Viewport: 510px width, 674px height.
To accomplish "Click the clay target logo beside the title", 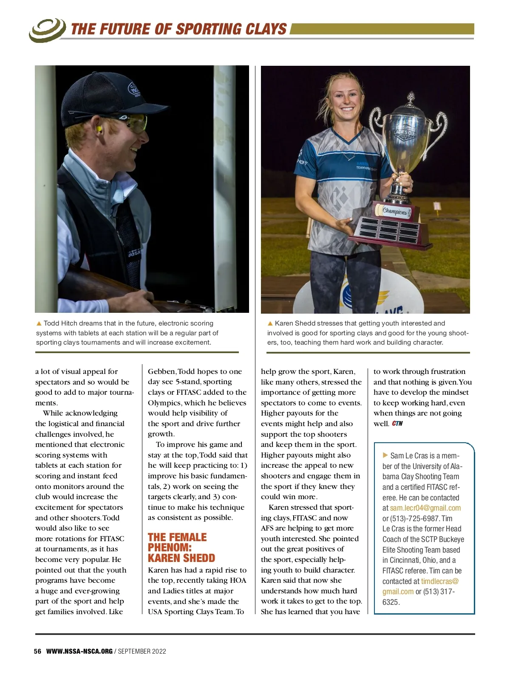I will (47, 30).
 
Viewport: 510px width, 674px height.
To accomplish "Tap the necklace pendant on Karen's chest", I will (349, 157).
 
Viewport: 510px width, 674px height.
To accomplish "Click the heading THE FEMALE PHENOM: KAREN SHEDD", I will (181, 548).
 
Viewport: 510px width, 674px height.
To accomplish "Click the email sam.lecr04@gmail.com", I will (425, 508).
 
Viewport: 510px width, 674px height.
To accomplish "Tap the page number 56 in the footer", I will (38, 651).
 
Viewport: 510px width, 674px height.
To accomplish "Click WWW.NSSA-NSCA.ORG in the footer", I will (79, 651).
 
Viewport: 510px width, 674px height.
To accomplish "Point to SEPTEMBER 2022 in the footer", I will (142, 651).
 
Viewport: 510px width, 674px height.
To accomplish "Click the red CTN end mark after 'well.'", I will (397, 424).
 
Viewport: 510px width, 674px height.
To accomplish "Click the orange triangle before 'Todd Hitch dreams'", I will (39, 323).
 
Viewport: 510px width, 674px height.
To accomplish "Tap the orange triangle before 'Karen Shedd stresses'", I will (270, 323).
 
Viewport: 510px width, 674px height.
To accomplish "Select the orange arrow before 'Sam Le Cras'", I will (385, 455).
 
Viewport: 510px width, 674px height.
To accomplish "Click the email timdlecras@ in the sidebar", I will (440, 581).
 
